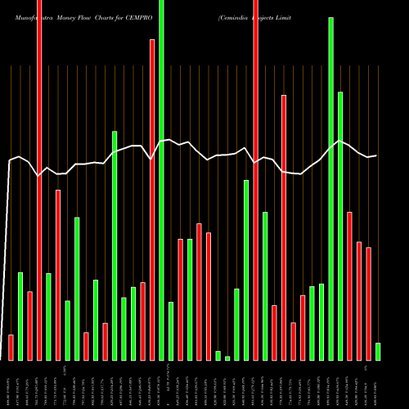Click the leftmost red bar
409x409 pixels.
click(x=11, y=347)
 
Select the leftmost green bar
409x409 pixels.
click(x=20, y=316)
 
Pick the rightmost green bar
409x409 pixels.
click(x=378, y=351)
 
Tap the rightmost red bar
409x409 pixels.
click(x=368, y=303)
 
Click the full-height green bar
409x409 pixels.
click(x=161, y=180)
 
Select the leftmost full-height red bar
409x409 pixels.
click(x=39, y=180)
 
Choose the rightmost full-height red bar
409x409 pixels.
click(x=255, y=180)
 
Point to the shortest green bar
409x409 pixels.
click(x=227, y=357)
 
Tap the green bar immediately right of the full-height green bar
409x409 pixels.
click(x=171, y=330)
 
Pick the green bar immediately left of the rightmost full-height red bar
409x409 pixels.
click(x=246, y=270)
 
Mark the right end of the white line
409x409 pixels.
click(x=376, y=155)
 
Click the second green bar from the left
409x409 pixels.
click(x=48, y=317)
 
